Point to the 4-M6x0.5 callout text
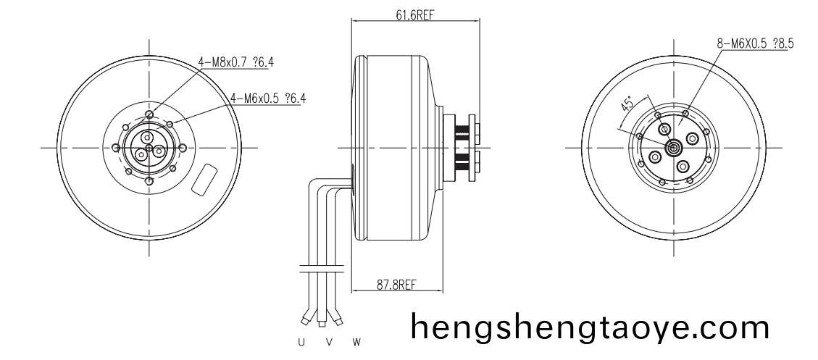click(x=267, y=98)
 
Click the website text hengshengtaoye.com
click(x=590, y=327)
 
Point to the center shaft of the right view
click(x=673, y=148)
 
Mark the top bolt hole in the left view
click(x=149, y=114)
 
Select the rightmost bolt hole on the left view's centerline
click(x=183, y=148)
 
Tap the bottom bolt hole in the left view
click(x=149, y=181)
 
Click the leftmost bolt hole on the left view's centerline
click(x=115, y=148)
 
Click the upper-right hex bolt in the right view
click(x=692, y=138)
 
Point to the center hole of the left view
click(x=149, y=148)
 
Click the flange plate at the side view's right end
click(x=473, y=148)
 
